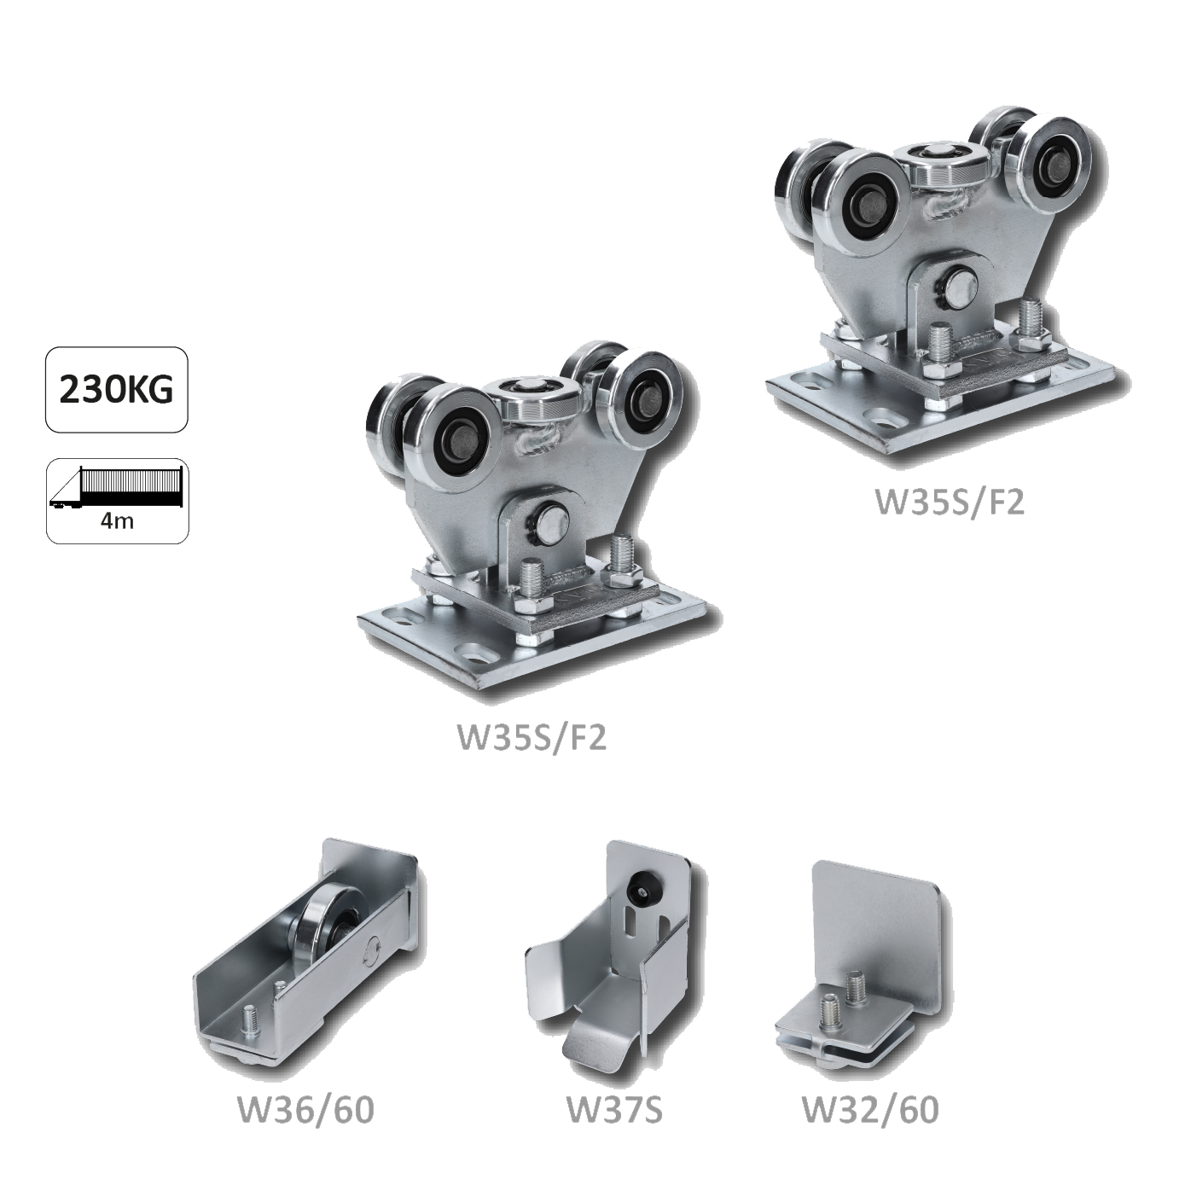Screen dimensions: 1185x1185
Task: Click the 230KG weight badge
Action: tap(117, 390)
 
